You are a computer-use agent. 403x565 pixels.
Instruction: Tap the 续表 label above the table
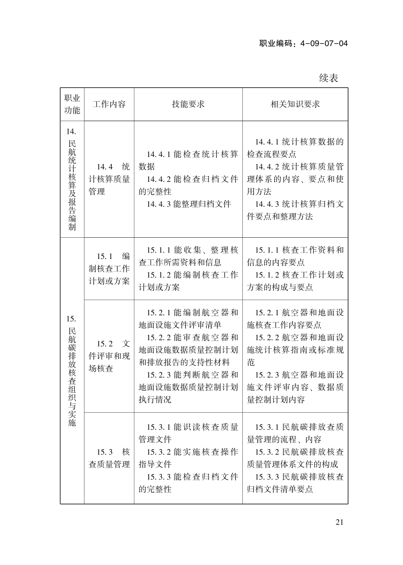(x=329, y=78)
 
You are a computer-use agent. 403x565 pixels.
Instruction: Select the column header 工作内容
(x=109, y=104)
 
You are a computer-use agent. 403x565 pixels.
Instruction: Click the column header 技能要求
(x=188, y=104)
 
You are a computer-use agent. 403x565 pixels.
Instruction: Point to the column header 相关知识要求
(x=295, y=104)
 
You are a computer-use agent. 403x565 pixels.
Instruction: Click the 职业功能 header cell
(x=72, y=104)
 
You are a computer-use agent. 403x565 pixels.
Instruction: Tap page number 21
(x=339, y=523)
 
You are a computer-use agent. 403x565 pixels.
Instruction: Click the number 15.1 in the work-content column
(x=105, y=256)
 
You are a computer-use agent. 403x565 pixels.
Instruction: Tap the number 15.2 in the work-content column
(x=105, y=344)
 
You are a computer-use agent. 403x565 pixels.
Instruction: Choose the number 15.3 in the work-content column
(x=105, y=452)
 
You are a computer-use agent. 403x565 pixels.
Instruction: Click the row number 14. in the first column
(x=72, y=132)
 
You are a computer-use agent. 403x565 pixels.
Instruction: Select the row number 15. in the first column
(x=72, y=319)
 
